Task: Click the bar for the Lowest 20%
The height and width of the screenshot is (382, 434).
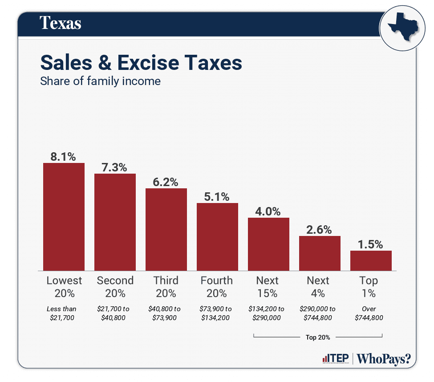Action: (64, 217)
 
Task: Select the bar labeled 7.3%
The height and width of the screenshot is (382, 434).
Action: (115, 222)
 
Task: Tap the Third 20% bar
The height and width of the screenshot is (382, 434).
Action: (166, 229)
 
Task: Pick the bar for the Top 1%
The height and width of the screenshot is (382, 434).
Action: (371, 260)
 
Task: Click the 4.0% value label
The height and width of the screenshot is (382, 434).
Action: (268, 211)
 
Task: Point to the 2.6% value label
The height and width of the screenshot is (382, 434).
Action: (319, 230)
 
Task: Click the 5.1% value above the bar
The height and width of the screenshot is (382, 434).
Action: (217, 196)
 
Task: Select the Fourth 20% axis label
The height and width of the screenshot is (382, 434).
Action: (217, 287)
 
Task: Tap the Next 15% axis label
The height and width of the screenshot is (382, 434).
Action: (268, 287)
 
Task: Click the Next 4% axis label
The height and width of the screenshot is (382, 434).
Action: (318, 287)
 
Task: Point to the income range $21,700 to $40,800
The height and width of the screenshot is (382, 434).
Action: (115, 313)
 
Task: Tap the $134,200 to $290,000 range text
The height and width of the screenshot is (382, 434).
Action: (268, 313)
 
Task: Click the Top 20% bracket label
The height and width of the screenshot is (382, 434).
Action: (318, 337)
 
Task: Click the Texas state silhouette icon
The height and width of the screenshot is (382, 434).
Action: (399, 28)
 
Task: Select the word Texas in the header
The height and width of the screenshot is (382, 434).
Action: (61, 23)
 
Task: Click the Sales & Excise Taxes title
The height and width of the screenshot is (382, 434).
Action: (141, 63)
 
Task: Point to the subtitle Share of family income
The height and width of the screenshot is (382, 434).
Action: (100, 81)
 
